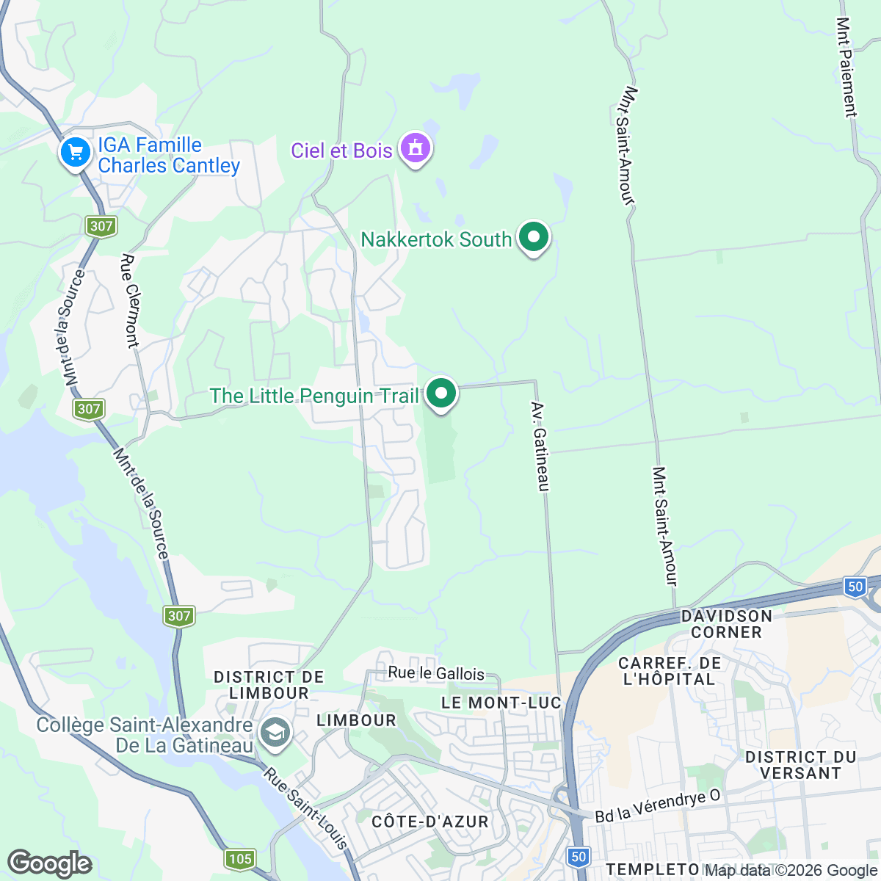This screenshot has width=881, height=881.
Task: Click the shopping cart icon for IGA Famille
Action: coord(75,153)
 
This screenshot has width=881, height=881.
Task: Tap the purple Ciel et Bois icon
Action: coord(416,148)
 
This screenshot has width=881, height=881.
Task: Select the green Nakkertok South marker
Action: coord(534,238)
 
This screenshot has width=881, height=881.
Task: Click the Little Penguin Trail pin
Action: coord(441,394)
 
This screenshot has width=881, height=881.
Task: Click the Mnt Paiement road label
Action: coord(846,68)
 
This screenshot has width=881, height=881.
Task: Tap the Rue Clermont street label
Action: coord(131,301)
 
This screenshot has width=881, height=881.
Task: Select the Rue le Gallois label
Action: coord(436,673)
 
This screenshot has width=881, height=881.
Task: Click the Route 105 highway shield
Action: coord(240,858)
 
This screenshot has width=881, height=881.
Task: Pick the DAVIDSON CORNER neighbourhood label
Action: coord(726,624)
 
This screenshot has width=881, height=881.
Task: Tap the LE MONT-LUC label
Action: coord(501,703)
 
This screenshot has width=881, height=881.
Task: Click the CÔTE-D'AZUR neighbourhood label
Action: coord(430,822)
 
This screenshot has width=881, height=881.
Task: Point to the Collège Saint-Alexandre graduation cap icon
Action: coord(275,733)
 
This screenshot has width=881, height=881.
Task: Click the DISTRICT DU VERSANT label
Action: coord(800,765)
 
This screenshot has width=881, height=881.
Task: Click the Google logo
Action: coord(49,863)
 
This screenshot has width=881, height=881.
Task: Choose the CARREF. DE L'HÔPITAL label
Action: coord(670,671)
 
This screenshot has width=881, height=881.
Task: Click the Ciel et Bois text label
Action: coord(341,151)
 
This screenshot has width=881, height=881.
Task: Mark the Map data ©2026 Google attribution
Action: coord(791,871)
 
